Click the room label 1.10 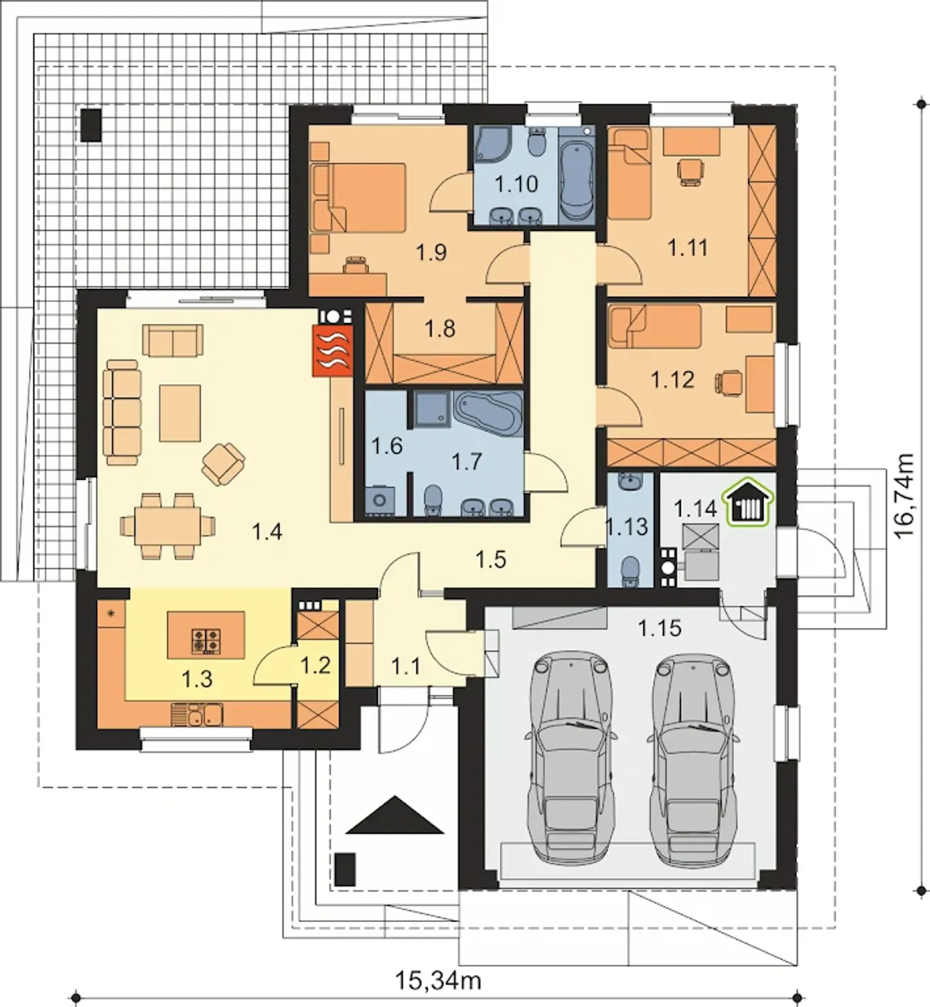click(517, 184)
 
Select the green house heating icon click(749, 502)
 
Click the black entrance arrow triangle click(394, 815)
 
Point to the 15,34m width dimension click(438, 981)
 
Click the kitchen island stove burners click(206, 640)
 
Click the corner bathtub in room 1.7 click(488, 416)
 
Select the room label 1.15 click(659, 629)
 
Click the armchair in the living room click(223, 462)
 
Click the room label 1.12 click(672, 379)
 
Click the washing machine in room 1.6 click(381, 501)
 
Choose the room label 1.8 click(440, 329)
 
